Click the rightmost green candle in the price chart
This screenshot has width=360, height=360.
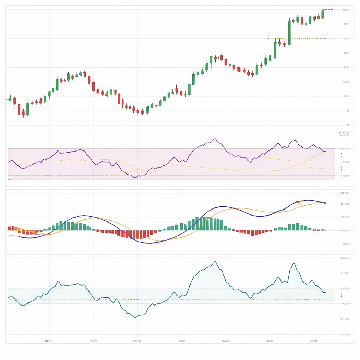click(x=323, y=14)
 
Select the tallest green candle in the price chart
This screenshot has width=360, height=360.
click(x=289, y=33)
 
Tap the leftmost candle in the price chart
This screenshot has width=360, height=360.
click(x=10, y=99)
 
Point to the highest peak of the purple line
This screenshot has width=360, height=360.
click(x=215, y=139)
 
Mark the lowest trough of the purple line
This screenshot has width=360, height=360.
click(x=135, y=178)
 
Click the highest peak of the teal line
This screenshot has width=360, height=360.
click(x=215, y=262)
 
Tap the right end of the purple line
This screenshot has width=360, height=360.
click(x=326, y=151)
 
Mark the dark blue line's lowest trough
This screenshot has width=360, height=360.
click(x=148, y=243)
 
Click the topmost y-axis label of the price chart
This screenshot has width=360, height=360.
click(x=346, y=10)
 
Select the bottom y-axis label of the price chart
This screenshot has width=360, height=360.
click(x=347, y=125)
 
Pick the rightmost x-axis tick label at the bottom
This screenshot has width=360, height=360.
click(x=314, y=341)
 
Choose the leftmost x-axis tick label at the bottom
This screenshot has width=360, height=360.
click(x=49, y=341)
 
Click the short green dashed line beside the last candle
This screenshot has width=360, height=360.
click(x=329, y=9)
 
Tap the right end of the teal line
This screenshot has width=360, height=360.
click(x=326, y=292)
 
